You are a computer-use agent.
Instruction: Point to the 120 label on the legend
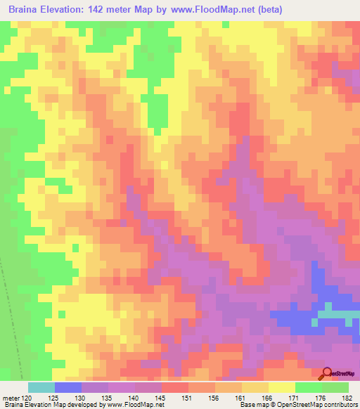click(x=27, y=398)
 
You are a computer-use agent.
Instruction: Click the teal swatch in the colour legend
click(x=41, y=387)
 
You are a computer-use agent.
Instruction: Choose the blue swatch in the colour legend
click(x=67, y=387)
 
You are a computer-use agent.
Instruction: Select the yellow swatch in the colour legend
click(x=281, y=387)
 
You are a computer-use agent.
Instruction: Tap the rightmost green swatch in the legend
click(x=335, y=387)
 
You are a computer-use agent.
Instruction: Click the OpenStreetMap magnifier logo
click(x=328, y=373)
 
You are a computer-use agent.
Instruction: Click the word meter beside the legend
click(x=11, y=398)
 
